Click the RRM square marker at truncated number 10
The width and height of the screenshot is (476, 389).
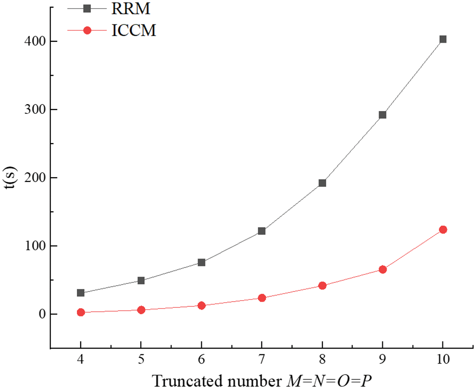[442, 39]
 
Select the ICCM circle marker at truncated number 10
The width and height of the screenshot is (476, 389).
[442, 230]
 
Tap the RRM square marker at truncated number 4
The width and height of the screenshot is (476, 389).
[81, 293]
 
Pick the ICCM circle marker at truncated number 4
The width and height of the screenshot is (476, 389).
[81, 312]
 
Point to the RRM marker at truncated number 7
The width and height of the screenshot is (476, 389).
[262, 231]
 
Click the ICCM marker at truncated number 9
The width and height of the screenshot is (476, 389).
[382, 269]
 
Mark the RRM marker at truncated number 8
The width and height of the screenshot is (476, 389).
[322, 183]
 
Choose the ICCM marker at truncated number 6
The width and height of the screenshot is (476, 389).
[202, 305]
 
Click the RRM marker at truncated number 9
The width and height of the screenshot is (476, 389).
[382, 115]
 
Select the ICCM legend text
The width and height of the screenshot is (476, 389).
[134, 31]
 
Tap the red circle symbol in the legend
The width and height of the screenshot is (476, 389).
[87, 31]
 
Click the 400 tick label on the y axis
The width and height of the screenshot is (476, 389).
[34, 42]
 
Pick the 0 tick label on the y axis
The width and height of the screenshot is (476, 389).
[42, 315]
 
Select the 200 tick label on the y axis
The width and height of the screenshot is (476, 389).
[34, 178]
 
